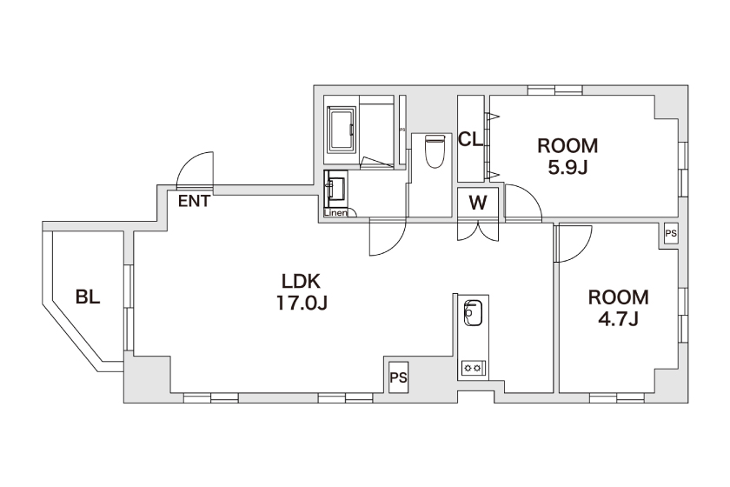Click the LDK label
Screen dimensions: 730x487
click(302, 281)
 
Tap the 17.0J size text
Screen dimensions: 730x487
click(302, 303)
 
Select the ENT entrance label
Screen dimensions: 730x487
click(194, 202)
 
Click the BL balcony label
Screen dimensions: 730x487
click(88, 297)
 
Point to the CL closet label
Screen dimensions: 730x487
click(471, 139)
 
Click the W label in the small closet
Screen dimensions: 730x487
click(478, 203)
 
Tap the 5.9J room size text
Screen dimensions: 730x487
click(567, 167)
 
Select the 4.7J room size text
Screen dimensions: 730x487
click(618, 319)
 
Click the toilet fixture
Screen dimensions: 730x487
click(435, 150)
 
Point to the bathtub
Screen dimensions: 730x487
click(342, 130)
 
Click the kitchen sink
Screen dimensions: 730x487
click(473, 313)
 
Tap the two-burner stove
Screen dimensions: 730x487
click(474, 368)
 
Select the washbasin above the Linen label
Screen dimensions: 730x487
click(335, 189)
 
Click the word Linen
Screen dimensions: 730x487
click(335, 213)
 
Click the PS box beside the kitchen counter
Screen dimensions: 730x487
click(399, 377)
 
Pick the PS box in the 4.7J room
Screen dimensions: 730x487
click(671, 233)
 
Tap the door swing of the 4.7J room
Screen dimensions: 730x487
click(583, 250)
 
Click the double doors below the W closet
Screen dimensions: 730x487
click(478, 231)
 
